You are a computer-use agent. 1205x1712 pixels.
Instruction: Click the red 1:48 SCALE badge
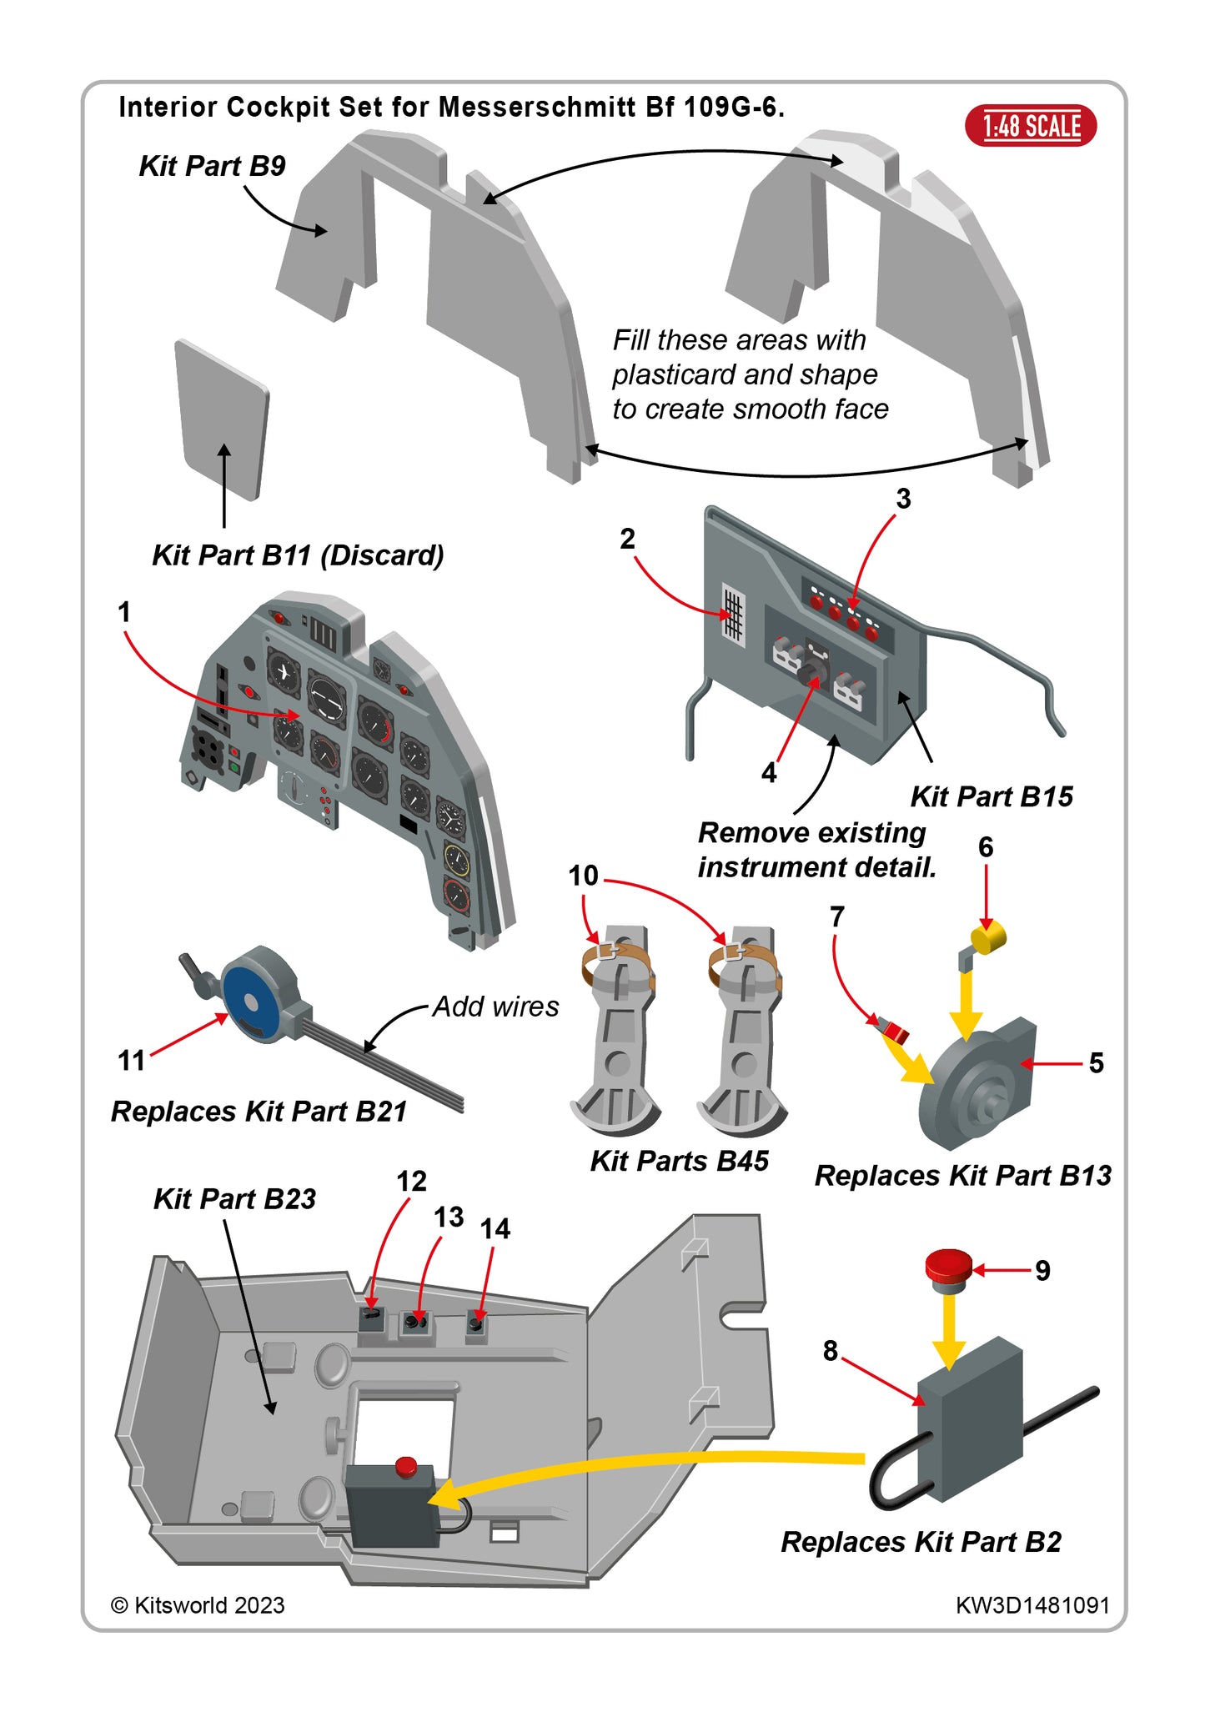1031,126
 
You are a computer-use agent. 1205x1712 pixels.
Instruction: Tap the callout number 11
132,1061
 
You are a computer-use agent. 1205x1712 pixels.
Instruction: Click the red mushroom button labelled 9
949,1265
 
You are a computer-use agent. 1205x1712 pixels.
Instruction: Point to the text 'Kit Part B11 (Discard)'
298,555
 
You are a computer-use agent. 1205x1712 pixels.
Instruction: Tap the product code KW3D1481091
1032,1605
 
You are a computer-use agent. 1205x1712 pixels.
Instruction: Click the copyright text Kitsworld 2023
198,1605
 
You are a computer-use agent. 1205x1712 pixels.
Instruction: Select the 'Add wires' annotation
495,1007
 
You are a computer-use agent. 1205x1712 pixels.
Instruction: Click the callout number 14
495,1228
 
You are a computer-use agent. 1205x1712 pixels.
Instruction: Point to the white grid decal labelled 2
733,615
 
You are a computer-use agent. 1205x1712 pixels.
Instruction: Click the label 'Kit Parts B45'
679,1161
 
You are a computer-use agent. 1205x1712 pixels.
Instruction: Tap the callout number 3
903,499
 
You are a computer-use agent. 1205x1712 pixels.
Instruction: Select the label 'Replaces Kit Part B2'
921,1542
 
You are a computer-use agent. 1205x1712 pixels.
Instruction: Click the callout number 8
830,1350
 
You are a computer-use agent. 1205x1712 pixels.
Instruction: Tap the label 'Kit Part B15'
991,796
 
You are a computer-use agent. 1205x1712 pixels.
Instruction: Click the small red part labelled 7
895,1032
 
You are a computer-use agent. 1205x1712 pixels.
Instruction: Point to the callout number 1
124,612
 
